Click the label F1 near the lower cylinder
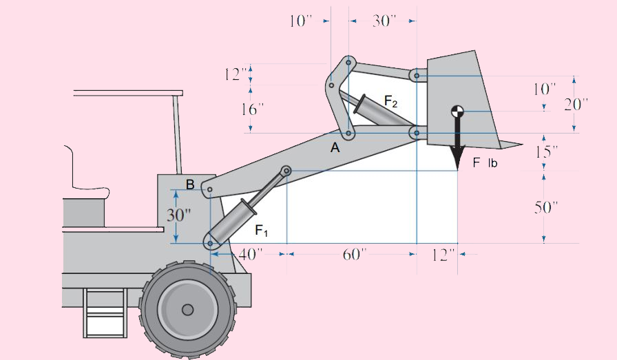tap(262, 230)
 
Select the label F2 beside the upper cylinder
tap(390, 103)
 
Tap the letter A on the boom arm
tap(335, 147)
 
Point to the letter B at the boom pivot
tap(190, 184)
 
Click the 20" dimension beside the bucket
tap(576, 104)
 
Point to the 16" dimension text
tap(251, 109)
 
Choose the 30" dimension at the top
tap(382, 21)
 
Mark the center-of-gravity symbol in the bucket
tap(457, 112)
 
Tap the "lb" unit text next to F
tap(492, 164)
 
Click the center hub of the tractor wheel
tap(187, 310)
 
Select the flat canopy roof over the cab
tap(128, 92)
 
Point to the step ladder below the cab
tap(105, 313)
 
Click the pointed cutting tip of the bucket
tap(521, 144)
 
